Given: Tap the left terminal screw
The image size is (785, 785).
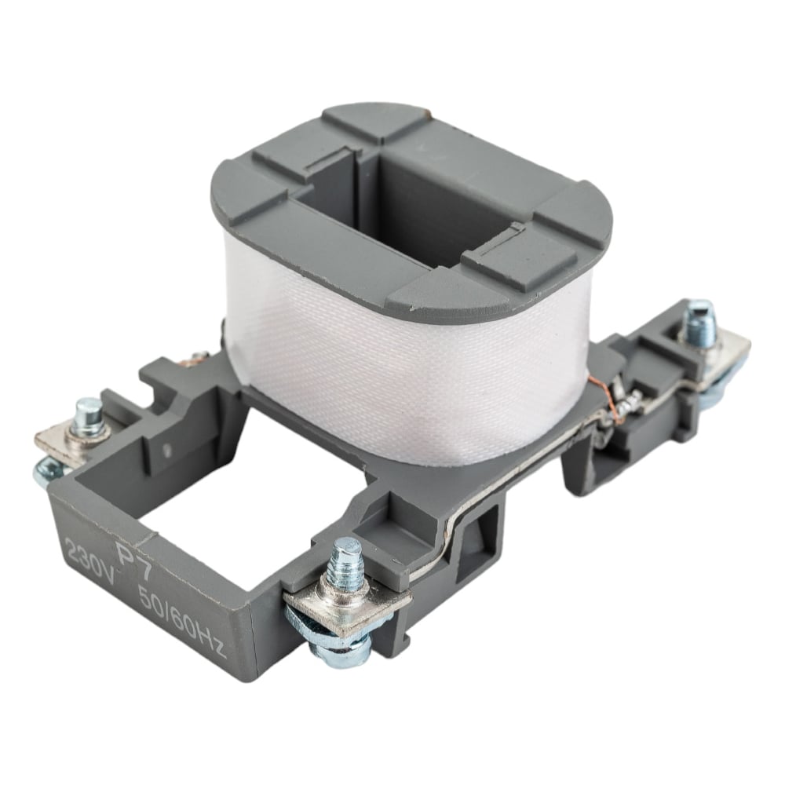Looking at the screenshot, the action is click(x=90, y=414).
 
